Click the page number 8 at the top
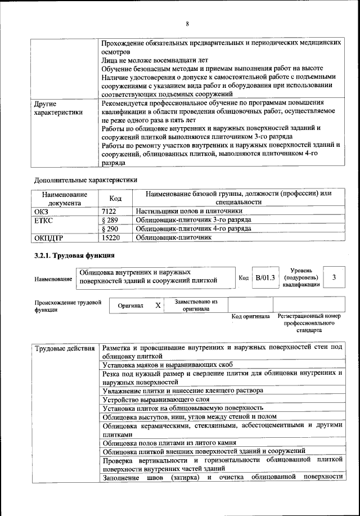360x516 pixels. pos(187,23)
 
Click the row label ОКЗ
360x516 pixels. pos(42,210)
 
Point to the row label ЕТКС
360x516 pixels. pos(44,219)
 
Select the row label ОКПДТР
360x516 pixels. pos(49,237)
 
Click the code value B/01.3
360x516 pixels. pos(265,277)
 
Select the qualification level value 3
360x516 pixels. pos(334,277)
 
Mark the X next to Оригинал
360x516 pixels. pos(158,305)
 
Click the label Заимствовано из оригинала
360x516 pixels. pos(196,305)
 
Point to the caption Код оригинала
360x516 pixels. pos(250,316)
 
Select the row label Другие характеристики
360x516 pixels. pos(58,107)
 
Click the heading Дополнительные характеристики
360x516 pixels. pos(85,180)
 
